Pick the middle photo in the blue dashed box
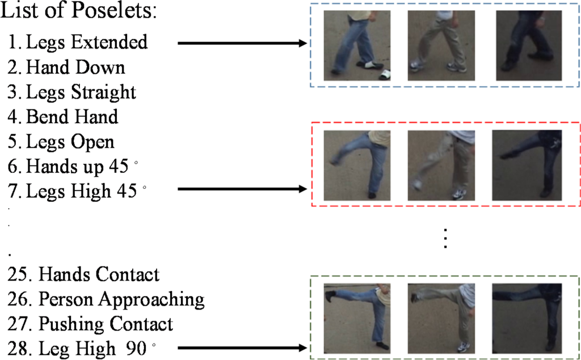coord(441,46)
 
